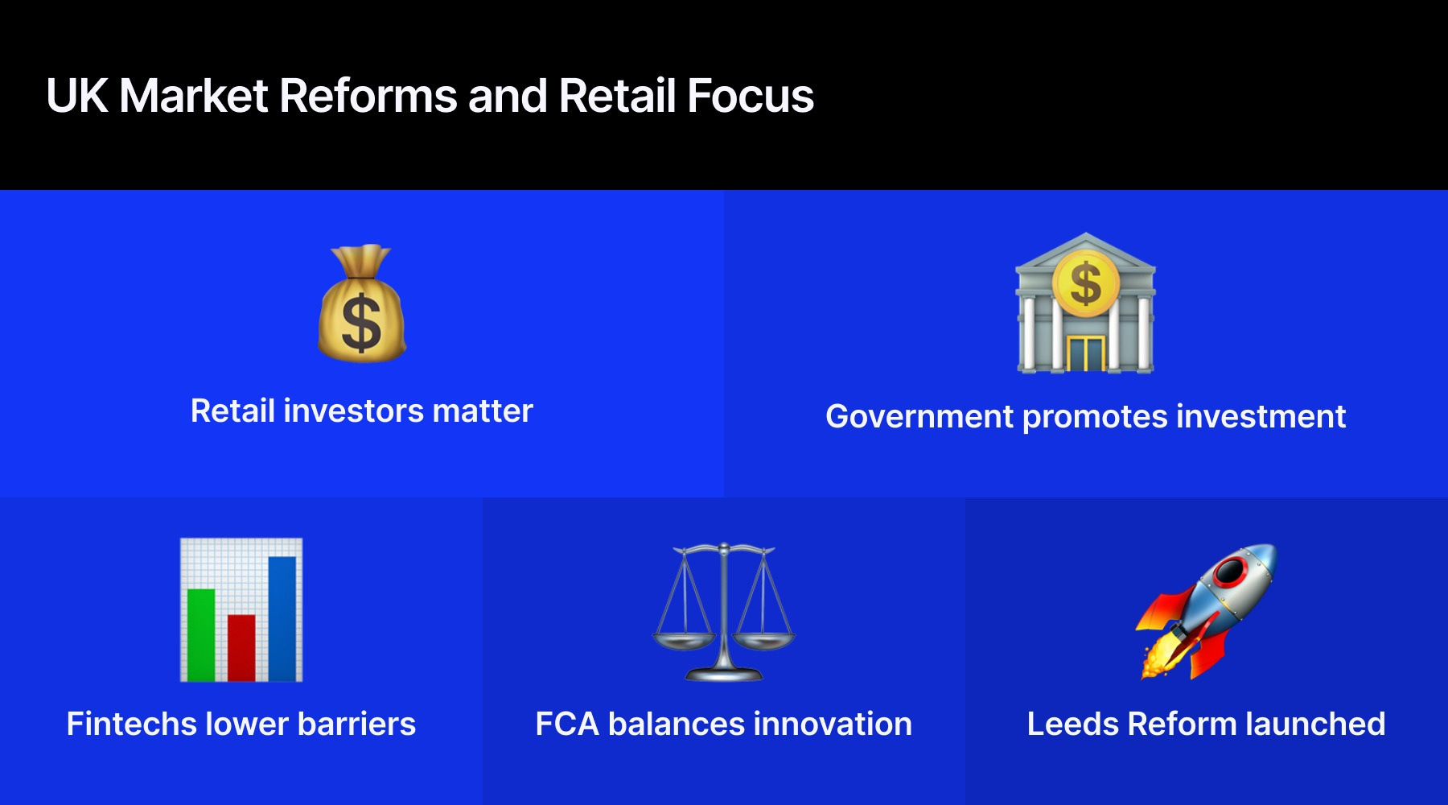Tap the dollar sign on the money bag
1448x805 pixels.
tap(361, 324)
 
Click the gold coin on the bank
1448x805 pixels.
tap(1085, 283)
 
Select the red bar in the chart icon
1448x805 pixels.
tap(241, 647)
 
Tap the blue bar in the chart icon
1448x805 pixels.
tap(282, 618)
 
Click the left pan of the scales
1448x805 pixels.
tap(683, 642)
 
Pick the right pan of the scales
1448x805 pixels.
tap(763, 642)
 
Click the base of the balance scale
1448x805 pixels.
tap(723, 674)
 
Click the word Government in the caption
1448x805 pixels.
tap(919, 417)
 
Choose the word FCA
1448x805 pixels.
tap(567, 724)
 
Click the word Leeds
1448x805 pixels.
tap(1072, 724)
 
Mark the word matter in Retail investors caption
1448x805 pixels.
tap(483, 411)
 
